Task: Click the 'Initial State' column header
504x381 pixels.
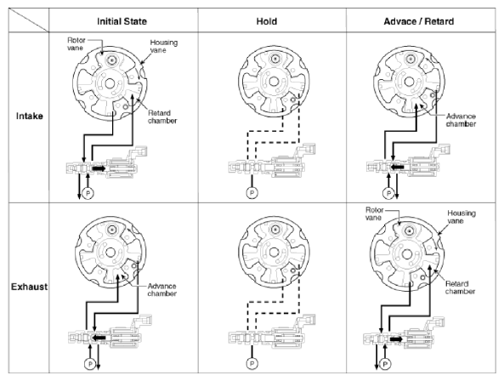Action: click(x=122, y=21)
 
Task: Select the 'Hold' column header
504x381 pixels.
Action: click(x=267, y=21)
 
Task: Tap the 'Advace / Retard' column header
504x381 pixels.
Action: click(x=419, y=21)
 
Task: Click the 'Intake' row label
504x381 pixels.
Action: click(x=30, y=116)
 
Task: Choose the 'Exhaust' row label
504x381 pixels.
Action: click(x=29, y=287)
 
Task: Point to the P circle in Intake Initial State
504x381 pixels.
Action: click(x=88, y=194)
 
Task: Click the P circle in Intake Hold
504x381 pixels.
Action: click(x=252, y=193)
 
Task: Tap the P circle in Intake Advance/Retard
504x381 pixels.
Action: click(x=388, y=193)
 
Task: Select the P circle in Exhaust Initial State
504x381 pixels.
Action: click(x=90, y=364)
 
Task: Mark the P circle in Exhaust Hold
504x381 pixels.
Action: click(x=252, y=364)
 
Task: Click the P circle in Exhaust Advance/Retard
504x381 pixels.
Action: click(x=385, y=364)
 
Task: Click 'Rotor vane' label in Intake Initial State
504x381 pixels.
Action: click(x=76, y=44)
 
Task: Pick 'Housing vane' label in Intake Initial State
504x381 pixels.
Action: click(x=163, y=46)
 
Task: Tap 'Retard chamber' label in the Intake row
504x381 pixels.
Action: click(x=162, y=117)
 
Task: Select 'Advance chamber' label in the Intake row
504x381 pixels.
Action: click(x=461, y=120)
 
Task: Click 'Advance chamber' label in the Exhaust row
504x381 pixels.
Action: click(x=162, y=290)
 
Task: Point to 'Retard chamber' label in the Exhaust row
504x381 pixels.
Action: click(x=461, y=287)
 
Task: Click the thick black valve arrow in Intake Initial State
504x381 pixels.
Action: click(x=99, y=168)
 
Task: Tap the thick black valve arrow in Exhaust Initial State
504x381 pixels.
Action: click(x=99, y=338)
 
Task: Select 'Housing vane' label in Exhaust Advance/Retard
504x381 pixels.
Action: click(x=462, y=217)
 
